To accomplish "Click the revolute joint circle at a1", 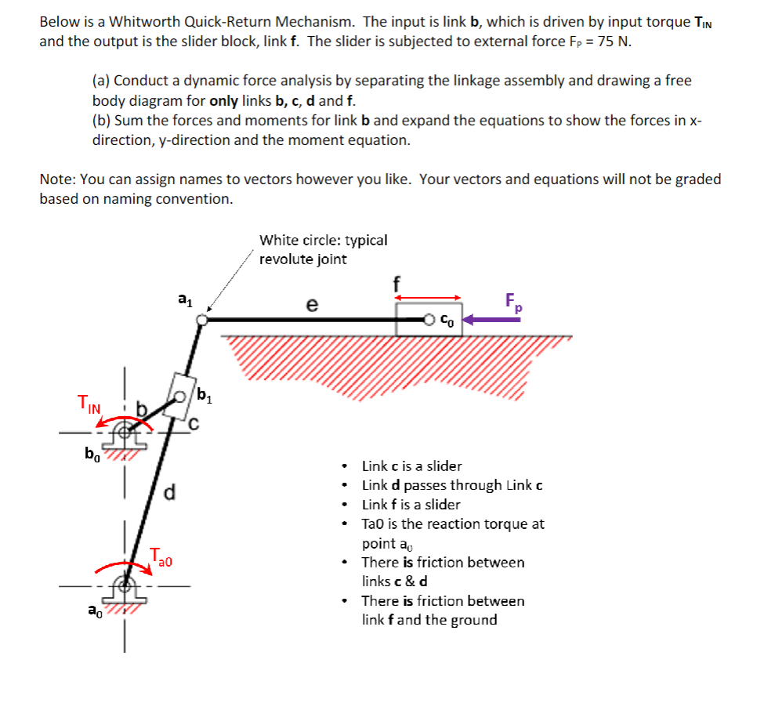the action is tap(202, 319).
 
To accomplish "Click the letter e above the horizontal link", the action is tap(312, 306).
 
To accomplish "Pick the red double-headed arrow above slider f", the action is tap(428, 297).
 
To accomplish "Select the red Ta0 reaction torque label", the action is tap(161, 558).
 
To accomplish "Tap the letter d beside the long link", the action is tap(169, 494).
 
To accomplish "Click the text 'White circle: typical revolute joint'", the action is tap(323, 249).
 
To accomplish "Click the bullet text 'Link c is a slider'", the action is tap(411, 466).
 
